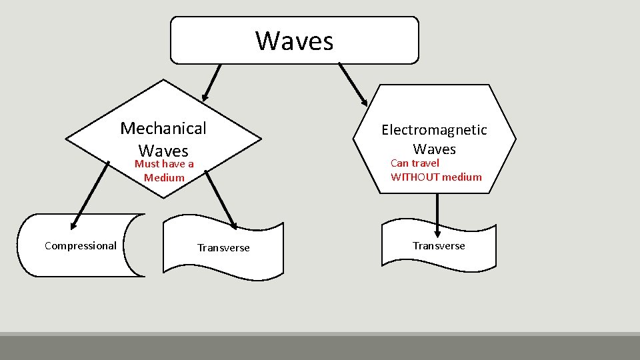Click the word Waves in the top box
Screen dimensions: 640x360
point(294,41)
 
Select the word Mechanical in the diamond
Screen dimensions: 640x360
point(163,128)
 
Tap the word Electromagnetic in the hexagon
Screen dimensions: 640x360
point(434,130)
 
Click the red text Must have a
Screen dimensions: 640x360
point(164,164)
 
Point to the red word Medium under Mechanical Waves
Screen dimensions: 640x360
point(164,177)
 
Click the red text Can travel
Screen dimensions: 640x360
point(415,163)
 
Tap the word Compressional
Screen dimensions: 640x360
point(81,245)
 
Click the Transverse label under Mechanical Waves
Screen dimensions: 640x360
point(223,248)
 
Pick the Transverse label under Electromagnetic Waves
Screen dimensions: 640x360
point(439,246)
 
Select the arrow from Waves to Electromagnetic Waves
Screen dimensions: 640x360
point(353,84)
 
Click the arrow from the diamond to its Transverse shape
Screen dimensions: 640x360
point(221,199)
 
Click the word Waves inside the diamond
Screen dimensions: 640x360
point(163,151)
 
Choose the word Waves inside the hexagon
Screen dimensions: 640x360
point(434,149)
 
